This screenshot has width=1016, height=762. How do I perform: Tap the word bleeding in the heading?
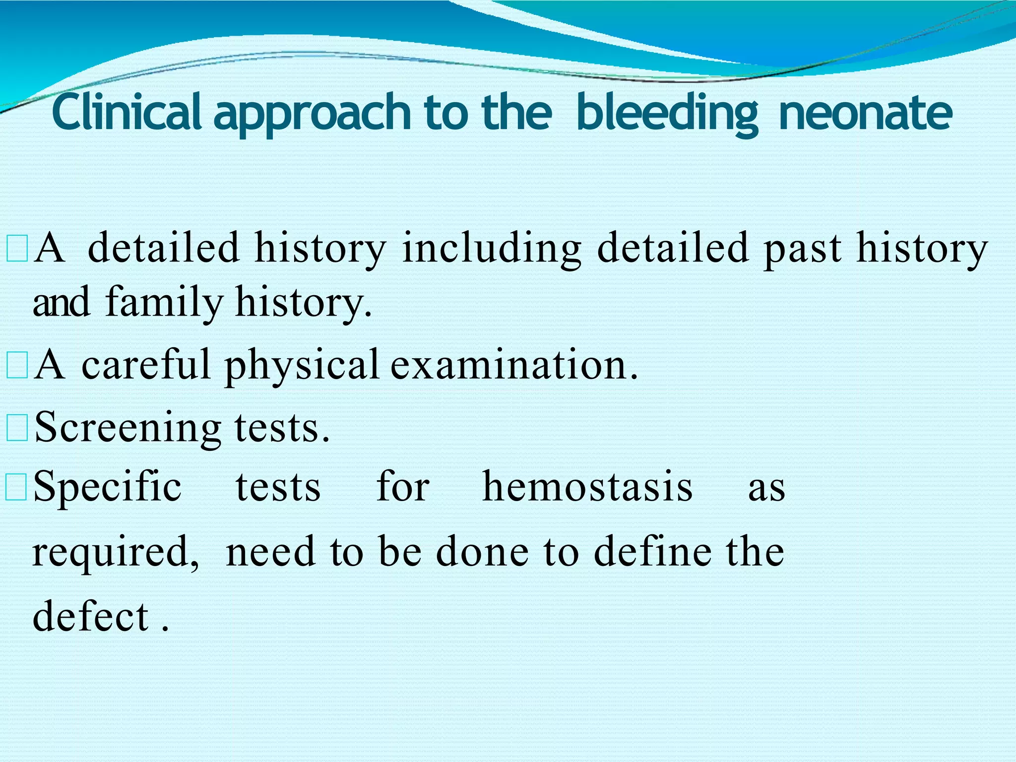pos(667,113)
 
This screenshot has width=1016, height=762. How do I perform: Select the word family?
pos(164,303)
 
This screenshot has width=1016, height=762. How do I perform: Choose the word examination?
pos(513,365)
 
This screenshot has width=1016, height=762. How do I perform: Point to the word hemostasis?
pos(587,487)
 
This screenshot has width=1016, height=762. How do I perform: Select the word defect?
pos(91,616)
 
